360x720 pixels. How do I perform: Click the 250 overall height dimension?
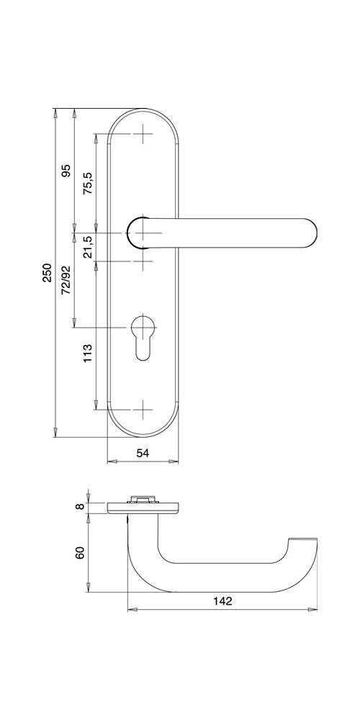[x=47, y=273]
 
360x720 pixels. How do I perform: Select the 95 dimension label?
[x=66, y=171]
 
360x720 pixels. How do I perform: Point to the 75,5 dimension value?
[x=87, y=184]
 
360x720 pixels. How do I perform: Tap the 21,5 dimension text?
[x=87, y=247]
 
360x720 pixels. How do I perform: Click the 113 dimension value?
[x=87, y=353]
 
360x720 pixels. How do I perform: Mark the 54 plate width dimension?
[x=143, y=452]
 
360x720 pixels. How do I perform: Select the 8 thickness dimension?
[x=81, y=506]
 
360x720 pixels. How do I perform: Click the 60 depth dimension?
[x=81, y=553]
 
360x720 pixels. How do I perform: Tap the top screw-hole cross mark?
[x=144, y=135]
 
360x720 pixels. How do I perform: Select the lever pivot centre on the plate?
[x=144, y=233]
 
